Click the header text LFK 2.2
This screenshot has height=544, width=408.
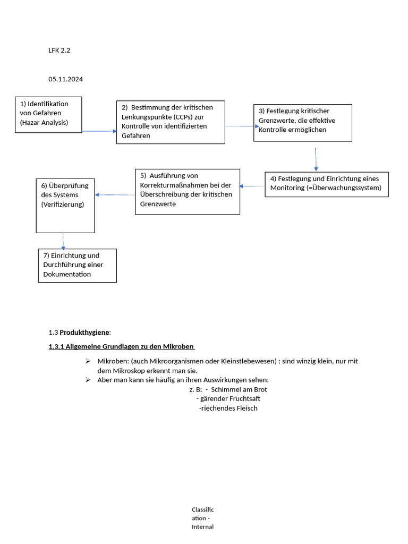[x=59, y=50]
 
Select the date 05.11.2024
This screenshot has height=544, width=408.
[x=66, y=79]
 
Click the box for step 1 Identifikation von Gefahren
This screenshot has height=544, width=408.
[x=48, y=114]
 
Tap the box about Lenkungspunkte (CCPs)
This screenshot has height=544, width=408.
[x=171, y=122]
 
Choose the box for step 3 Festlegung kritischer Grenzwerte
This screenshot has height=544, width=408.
[x=302, y=122]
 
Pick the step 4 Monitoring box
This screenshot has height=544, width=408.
[x=326, y=184]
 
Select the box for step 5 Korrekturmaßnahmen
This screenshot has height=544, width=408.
[x=187, y=191]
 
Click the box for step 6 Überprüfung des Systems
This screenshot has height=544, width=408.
[x=65, y=206]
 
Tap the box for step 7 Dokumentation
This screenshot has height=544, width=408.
[x=77, y=265]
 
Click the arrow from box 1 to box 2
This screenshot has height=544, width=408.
[x=99, y=131]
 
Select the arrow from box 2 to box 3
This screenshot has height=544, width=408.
[x=240, y=126]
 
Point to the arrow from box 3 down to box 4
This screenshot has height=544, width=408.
[x=316, y=158]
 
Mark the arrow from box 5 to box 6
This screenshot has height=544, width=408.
[x=115, y=195]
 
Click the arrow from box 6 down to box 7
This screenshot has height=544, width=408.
[x=63, y=241]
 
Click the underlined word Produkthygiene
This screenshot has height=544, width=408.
[x=84, y=333]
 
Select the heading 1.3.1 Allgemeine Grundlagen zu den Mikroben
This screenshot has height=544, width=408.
[x=121, y=347]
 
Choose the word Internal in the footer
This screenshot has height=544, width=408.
[x=202, y=527]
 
